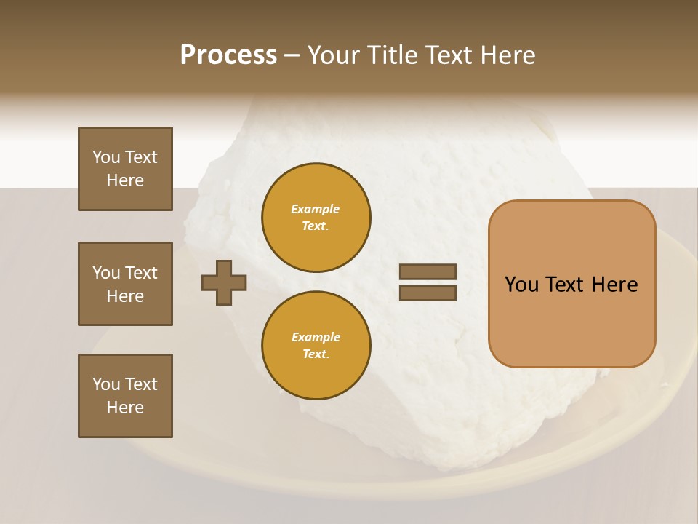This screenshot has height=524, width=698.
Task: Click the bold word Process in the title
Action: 228,55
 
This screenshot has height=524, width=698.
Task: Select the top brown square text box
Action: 125,169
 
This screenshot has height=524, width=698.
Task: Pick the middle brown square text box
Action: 125,284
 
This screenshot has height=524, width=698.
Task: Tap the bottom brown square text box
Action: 125,396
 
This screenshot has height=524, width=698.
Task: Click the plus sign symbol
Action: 224,282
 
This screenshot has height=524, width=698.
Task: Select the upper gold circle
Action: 316,217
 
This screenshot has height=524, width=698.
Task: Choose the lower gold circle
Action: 316,345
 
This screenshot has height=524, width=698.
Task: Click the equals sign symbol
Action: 428,282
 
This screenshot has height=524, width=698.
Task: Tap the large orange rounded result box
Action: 571,283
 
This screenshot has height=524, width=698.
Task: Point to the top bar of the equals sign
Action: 428,272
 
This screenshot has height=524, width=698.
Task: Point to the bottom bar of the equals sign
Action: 428,293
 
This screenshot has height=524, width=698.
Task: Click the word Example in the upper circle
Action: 316,209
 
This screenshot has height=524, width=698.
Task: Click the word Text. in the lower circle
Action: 316,354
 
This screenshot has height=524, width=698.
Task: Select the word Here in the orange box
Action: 614,285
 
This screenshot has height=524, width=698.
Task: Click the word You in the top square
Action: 106,157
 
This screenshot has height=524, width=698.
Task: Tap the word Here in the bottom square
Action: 125,408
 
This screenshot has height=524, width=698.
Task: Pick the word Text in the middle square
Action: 141,273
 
